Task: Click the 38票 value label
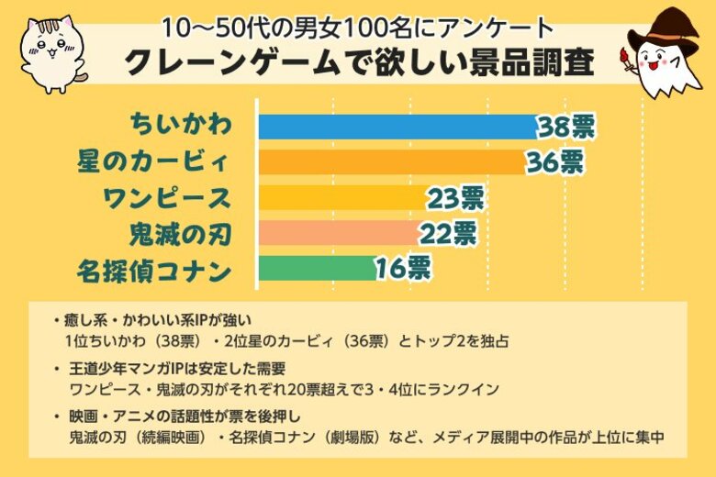pyautogui.click(x=566, y=127)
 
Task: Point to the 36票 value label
pyautogui.click(x=554, y=162)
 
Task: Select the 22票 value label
pyautogui.click(x=448, y=233)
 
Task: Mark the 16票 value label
pyautogui.click(x=402, y=268)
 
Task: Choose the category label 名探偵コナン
pyautogui.click(x=152, y=269)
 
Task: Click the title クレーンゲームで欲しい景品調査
pyautogui.click(x=358, y=63)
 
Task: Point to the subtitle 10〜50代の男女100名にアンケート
pyautogui.click(x=358, y=24)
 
